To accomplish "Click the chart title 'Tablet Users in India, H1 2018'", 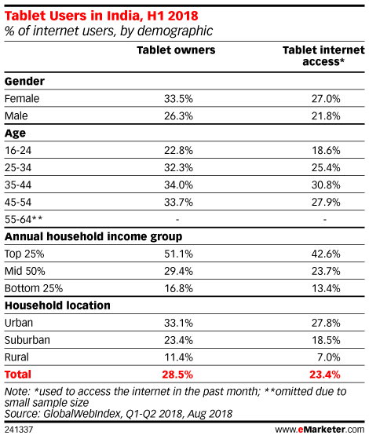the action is (x=101, y=16).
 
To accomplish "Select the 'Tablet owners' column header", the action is (x=176, y=50).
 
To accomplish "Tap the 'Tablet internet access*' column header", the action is (x=323, y=56).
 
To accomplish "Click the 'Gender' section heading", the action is (x=24, y=81).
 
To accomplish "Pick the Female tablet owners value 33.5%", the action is (x=178, y=99).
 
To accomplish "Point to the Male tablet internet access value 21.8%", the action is (x=326, y=116).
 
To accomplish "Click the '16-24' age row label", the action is (x=18, y=150).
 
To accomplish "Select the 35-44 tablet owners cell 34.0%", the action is (x=178, y=185).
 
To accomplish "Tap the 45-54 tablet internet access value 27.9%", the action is (x=326, y=202).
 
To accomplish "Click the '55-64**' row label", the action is (x=24, y=219).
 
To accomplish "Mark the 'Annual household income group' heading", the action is (x=93, y=237).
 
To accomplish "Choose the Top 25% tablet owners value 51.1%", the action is (x=178, y=254).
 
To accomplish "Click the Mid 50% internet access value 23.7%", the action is (x=326, y=271).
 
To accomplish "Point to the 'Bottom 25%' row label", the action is (x=34, y=288).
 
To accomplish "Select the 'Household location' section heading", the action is (x=57, y=305).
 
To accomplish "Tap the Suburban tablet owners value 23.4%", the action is (x=178, y=340).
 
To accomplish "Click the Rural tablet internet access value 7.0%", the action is (x=330, y=357).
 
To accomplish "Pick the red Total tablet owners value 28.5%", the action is (x=177, y=375).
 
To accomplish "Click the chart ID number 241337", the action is (x=19, y=430).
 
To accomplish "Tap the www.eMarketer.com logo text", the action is (x=320, y=430).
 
